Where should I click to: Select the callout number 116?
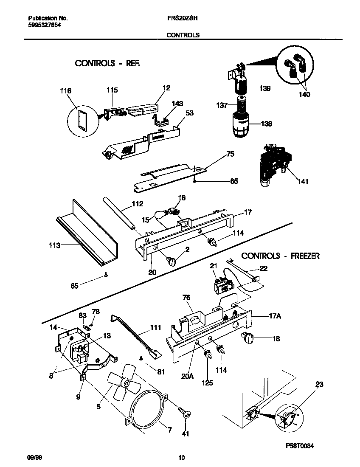click(66, 90)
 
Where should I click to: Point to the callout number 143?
click(177, 103)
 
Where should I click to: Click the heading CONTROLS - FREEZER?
click(280, 256)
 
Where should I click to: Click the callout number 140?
click(304, 94)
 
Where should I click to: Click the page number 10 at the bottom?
click(182, 458)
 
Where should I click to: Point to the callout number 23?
click(319, 384)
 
